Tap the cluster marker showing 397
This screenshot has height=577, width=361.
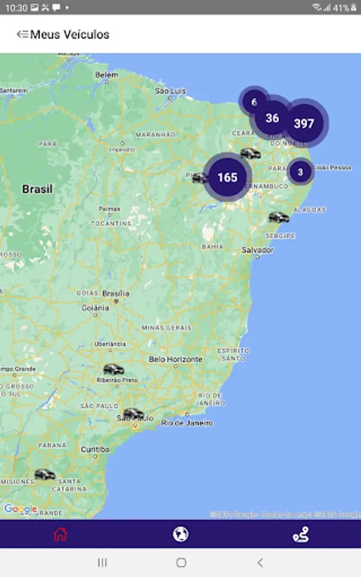(304, 123)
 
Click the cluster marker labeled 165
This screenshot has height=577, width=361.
(227, 178)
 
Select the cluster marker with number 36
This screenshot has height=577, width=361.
(273, 118)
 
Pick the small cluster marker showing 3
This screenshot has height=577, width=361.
(300, 172)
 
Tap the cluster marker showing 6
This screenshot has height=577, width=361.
(254, 102)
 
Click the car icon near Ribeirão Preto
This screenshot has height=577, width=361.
(113, 369)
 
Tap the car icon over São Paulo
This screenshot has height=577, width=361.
(133, 414)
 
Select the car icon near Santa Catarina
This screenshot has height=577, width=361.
(44, 474)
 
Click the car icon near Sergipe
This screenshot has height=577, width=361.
(278, 217)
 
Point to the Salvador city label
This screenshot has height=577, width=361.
(258, 250)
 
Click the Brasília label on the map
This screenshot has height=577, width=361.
(116, 294)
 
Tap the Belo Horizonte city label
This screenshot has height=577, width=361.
(176, 360)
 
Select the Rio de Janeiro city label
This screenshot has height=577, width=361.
(187, 423)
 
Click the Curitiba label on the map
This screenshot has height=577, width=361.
(95, 449)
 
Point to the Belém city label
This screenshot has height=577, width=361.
(107, 75)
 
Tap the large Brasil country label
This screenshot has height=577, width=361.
(37, 189)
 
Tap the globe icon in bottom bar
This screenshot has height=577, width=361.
(181, 534)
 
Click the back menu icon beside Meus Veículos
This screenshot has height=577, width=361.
(22, 35)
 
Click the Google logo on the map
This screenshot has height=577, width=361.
(21, 510)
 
